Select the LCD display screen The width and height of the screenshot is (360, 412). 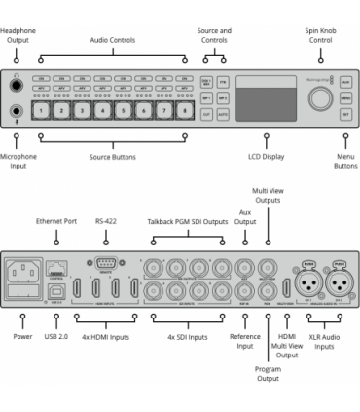coord(267,101)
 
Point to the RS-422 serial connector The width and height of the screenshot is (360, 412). coord(106,263)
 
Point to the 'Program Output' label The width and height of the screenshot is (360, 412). coord(269,373)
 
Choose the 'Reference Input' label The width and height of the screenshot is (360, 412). coord(244,342)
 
